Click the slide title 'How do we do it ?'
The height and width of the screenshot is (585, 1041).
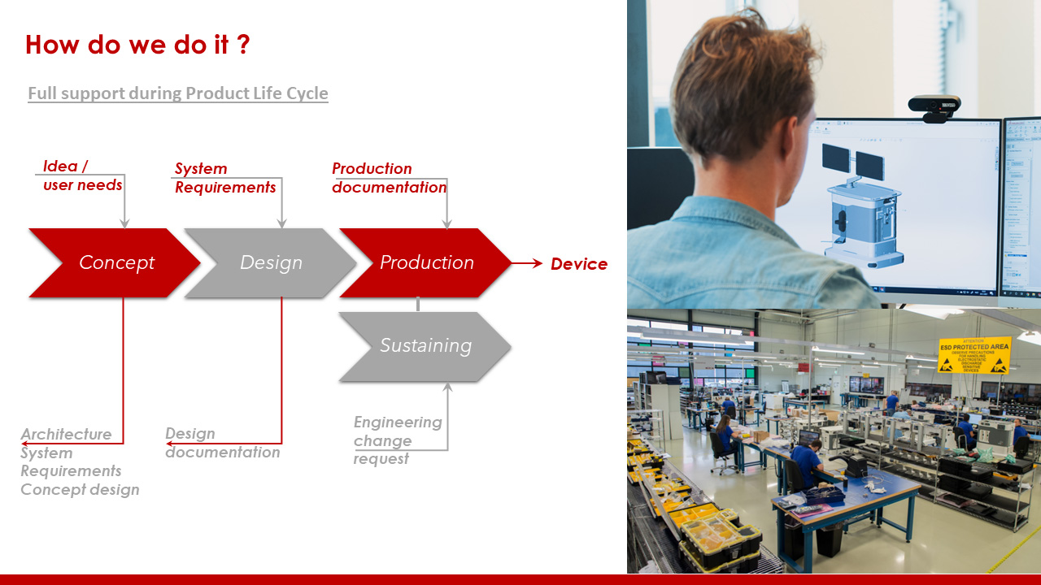coord(137,45)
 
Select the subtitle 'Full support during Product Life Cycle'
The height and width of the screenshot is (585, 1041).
coord(178,93)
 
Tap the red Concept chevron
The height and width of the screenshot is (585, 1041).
coord(115,263)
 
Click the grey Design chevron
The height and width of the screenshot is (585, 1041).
coord(271,263)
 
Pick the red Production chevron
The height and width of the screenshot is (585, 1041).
coord(426,263)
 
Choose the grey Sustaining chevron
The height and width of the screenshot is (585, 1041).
coord(425,346)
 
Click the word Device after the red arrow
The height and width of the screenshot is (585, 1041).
coord(579,264)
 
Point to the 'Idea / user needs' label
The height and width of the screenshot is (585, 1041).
coord(82,175)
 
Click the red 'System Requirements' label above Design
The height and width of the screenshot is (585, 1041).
coord(225,178)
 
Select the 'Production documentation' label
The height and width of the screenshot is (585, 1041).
coord(389,178)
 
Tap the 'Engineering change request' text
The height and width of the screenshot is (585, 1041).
coord(397,440)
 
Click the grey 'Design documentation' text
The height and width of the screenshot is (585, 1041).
coord(222,443)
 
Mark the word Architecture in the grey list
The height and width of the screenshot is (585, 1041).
coord(67,434)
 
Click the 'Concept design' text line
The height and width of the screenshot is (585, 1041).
coord(80,489)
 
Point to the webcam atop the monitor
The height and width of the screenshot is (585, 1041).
coord(934,106)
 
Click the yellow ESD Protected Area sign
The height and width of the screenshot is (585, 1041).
coord(974,355)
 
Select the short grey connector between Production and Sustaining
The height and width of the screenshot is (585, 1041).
coord(418,304)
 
